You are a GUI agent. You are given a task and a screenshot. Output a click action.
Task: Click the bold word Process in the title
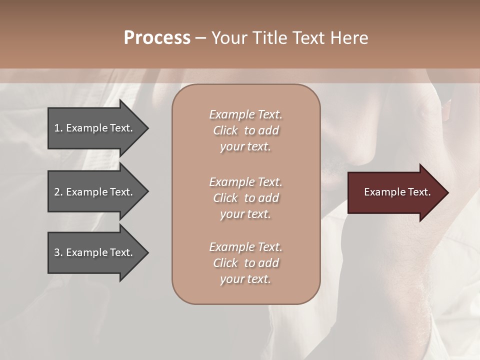click(x=157, y=38)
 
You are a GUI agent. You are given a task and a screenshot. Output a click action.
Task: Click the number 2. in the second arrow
click(x=58, y=192)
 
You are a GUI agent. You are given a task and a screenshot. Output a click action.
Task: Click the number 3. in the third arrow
click(x=58, y=252)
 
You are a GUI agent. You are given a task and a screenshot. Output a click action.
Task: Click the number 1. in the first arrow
click(x=58, y=128)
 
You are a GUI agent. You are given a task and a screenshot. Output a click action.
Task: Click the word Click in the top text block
click(x=225, y=130)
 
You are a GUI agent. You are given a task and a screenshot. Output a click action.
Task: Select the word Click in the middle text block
click(x=225, y=198)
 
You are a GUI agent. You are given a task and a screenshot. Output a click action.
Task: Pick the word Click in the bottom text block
click(x=225, y=263)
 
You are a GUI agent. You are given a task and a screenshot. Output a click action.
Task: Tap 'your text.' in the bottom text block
click(x=245, y=279)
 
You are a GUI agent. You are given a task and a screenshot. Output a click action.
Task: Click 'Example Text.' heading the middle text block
click(x=245, y=182)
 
